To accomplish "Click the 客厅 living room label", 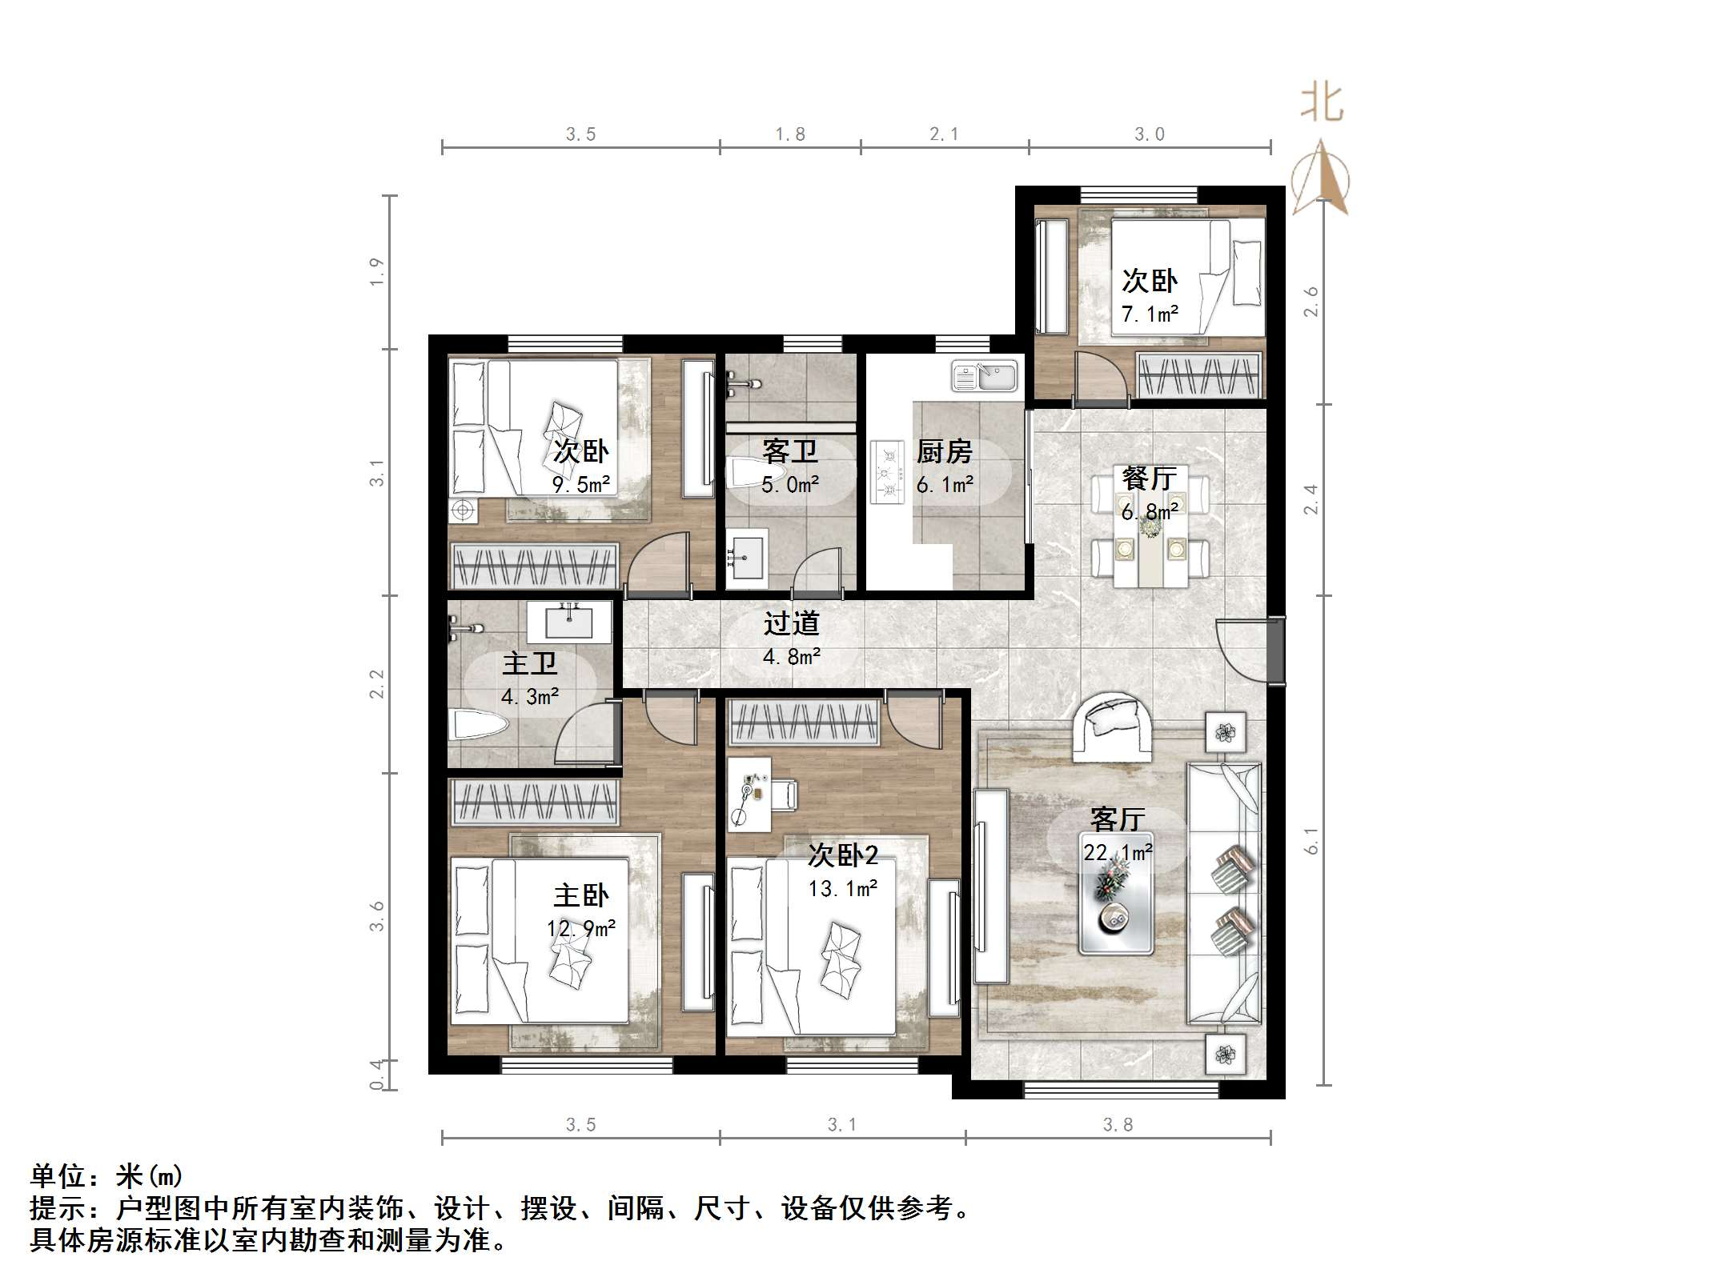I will point(1117,819).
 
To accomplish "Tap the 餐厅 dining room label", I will point(1150,478).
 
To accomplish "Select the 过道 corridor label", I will point(791,623).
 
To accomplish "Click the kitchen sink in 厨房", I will point(984,376).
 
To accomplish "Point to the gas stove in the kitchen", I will point(888,473).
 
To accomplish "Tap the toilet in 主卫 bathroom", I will point(480,727).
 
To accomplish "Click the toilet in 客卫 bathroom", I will point(745,473).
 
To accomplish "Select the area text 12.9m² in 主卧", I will point(580,928).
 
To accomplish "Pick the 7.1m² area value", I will point(1150,314).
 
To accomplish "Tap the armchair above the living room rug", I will point(1112,727).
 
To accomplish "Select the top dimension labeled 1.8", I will point(789,134).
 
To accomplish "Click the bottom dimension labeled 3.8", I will point(1118,1125).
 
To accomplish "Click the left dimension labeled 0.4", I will point(376,1075).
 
